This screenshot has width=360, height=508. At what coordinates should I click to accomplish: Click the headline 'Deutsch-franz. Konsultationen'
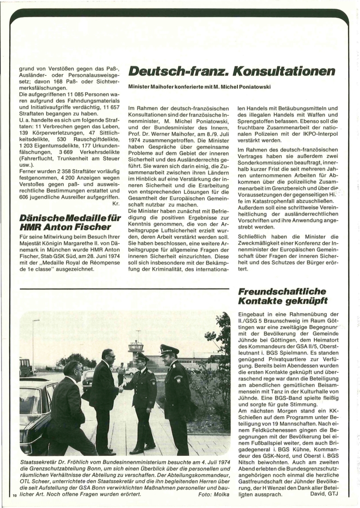232,72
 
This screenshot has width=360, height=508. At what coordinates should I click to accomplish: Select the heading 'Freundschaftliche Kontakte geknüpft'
282,296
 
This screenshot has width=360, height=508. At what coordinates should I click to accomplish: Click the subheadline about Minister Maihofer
199,87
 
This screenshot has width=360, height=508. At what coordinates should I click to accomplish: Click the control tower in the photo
136,347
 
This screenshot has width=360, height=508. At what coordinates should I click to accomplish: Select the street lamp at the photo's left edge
34,342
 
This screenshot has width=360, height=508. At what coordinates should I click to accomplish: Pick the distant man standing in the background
121,373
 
